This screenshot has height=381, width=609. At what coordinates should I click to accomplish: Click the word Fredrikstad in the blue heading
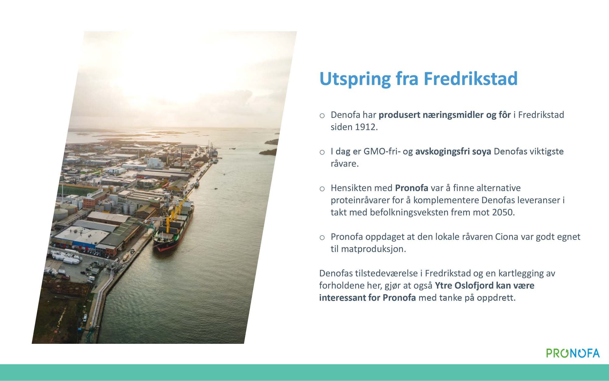[470, 79]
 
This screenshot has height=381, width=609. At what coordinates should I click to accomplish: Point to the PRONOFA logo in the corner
[573, 353]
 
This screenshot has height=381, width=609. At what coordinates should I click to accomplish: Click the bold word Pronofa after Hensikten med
[412, 188]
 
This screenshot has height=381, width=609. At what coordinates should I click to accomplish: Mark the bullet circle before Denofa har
[322, 116]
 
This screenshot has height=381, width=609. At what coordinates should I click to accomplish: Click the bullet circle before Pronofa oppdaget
[322, 237]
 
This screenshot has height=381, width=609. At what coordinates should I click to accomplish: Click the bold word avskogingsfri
[442, 151]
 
